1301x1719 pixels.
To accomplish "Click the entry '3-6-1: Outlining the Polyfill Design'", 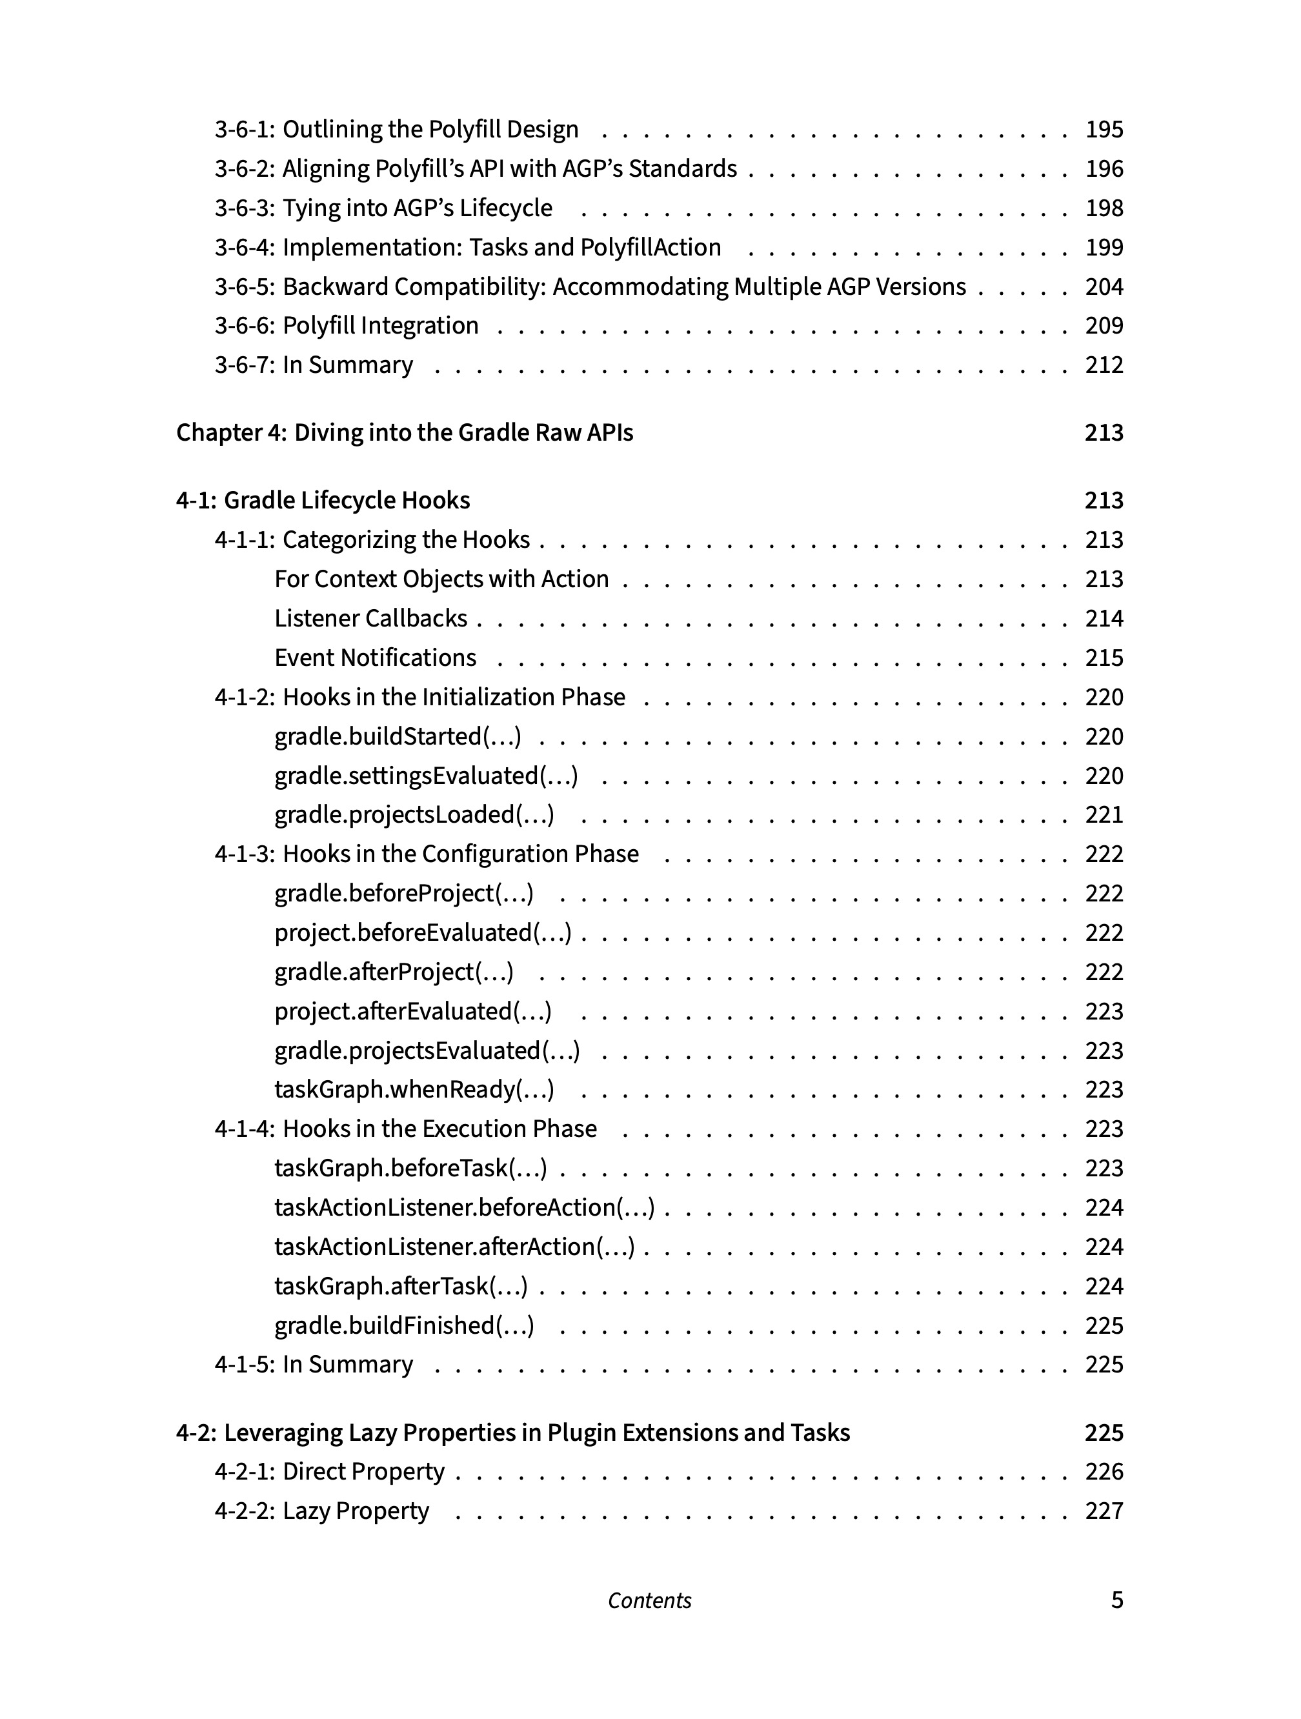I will point(396,129).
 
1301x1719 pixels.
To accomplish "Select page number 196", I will point(1104,168).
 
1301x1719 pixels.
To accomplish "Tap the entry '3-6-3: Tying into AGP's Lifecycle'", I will point(383,208).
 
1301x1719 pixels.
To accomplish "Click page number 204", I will point(1104,286).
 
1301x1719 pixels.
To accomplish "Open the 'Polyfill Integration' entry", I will point(380,326).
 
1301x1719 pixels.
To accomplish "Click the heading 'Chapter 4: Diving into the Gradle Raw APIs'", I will point(404,432).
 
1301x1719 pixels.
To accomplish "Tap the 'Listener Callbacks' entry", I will point(370,619).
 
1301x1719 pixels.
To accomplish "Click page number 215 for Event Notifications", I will point(1104,658).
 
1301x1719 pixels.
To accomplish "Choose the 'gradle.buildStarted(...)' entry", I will point(397,736).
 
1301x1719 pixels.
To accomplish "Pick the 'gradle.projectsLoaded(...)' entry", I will point(414,814).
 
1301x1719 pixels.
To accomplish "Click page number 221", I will point(1104,814).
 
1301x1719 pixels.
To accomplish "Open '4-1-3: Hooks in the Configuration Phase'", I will point(427,854).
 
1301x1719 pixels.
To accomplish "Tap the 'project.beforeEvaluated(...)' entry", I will point(423,932).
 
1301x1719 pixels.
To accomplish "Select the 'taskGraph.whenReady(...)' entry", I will point(414,1089).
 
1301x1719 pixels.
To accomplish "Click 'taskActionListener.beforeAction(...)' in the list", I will point(464,1208).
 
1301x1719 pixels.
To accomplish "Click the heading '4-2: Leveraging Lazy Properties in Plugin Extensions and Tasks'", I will point(513,1432).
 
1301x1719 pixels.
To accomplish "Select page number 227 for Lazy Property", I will point(1104,1511).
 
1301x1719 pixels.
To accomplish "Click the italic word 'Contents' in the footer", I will point(650,1601).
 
